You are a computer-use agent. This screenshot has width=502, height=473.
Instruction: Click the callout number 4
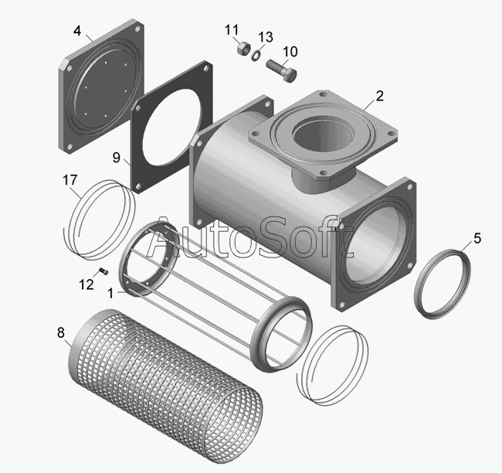pos(77,31)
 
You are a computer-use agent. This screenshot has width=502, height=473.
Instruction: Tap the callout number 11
pos(232,30)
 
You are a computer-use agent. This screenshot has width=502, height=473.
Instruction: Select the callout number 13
pos(266,37)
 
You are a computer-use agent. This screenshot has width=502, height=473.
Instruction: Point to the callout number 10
pos(290,52)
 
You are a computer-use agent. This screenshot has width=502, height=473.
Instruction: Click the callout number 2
pos(379,96)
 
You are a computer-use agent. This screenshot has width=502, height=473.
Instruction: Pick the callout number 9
pos(116,158)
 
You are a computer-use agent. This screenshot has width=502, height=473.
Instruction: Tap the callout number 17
pos(70,180)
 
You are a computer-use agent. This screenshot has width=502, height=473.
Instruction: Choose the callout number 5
pos(477,238)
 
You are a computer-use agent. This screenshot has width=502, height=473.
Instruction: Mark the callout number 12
pos(86,284)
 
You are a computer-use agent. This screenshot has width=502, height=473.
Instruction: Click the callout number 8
pos(61,333)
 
